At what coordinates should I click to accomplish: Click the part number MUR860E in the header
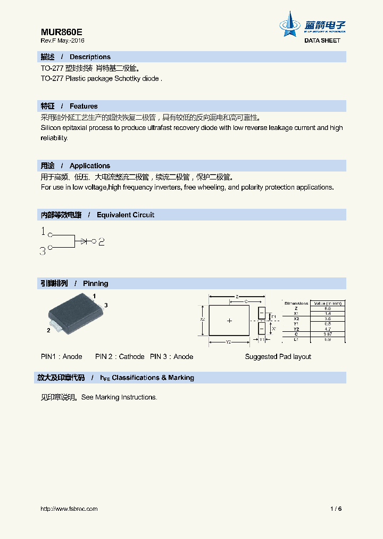[x=61, y=31]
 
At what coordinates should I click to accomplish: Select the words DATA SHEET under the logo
[x=322, y=40]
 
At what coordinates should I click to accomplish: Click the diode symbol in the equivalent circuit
[x=85, y=241]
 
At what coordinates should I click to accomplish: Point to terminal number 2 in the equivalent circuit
[x=101, y=242]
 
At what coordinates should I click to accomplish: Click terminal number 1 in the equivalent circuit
[x=43, y=232]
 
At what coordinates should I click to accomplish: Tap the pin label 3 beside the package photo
[x=106, y=305]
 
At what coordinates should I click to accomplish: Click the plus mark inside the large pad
[x=230, y=321]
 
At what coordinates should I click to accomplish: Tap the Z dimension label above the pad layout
[x=237, y=296]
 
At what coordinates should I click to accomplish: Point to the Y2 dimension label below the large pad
[x=228, y=342]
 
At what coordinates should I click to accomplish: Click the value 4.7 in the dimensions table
[x=327, y=329]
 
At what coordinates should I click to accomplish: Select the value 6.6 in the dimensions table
[x=327, y=308]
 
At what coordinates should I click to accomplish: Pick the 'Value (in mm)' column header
[x=327, y=303]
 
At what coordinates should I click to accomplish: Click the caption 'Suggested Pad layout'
[x=278, y=356]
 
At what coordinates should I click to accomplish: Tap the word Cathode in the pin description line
[x=131, y=356]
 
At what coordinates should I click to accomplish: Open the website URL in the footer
[x=69, y=509]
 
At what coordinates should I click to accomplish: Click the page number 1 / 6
[x=336, y=509]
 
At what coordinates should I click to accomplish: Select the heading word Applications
[x=90, y=166]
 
